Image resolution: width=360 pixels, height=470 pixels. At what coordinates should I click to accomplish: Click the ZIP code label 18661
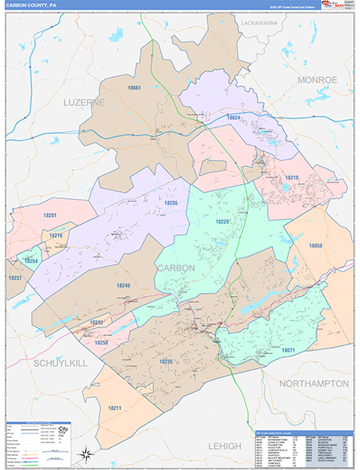(135, 89)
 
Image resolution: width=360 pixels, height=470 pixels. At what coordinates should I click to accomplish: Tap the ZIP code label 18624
(235, 117)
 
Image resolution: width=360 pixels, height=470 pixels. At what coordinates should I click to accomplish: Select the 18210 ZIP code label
(292, 178)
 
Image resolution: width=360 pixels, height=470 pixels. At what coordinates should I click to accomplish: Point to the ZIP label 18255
(171, 203)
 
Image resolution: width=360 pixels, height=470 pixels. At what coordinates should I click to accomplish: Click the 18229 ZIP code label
(223, 222)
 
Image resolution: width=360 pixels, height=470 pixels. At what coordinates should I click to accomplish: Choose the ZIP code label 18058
(316, 246)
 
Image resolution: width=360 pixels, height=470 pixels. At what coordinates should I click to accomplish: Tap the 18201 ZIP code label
(51, 215)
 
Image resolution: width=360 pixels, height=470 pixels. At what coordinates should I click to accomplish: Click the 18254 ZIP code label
(31, 260)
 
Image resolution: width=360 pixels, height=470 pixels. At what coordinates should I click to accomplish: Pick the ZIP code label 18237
(15, 278)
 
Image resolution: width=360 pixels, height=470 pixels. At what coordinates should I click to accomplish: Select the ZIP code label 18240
(124, 286)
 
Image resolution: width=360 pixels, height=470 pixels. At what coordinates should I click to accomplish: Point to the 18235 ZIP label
(165, 361)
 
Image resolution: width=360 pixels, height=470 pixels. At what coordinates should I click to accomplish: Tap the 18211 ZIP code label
(116, 408)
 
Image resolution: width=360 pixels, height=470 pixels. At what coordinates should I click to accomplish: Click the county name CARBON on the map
(176, 268)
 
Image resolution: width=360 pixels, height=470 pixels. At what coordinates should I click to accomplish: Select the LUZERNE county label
(83, 103)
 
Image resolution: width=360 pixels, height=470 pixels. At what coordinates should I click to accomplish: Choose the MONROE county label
(316, 80)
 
